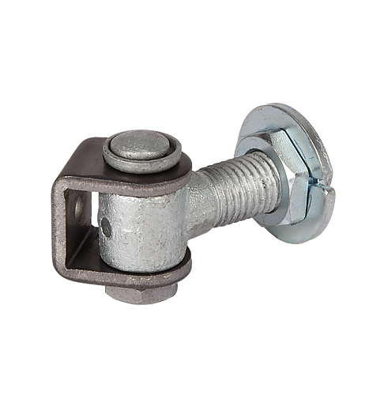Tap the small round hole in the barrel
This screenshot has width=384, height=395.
pyautogui.click(x=106, y=228)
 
